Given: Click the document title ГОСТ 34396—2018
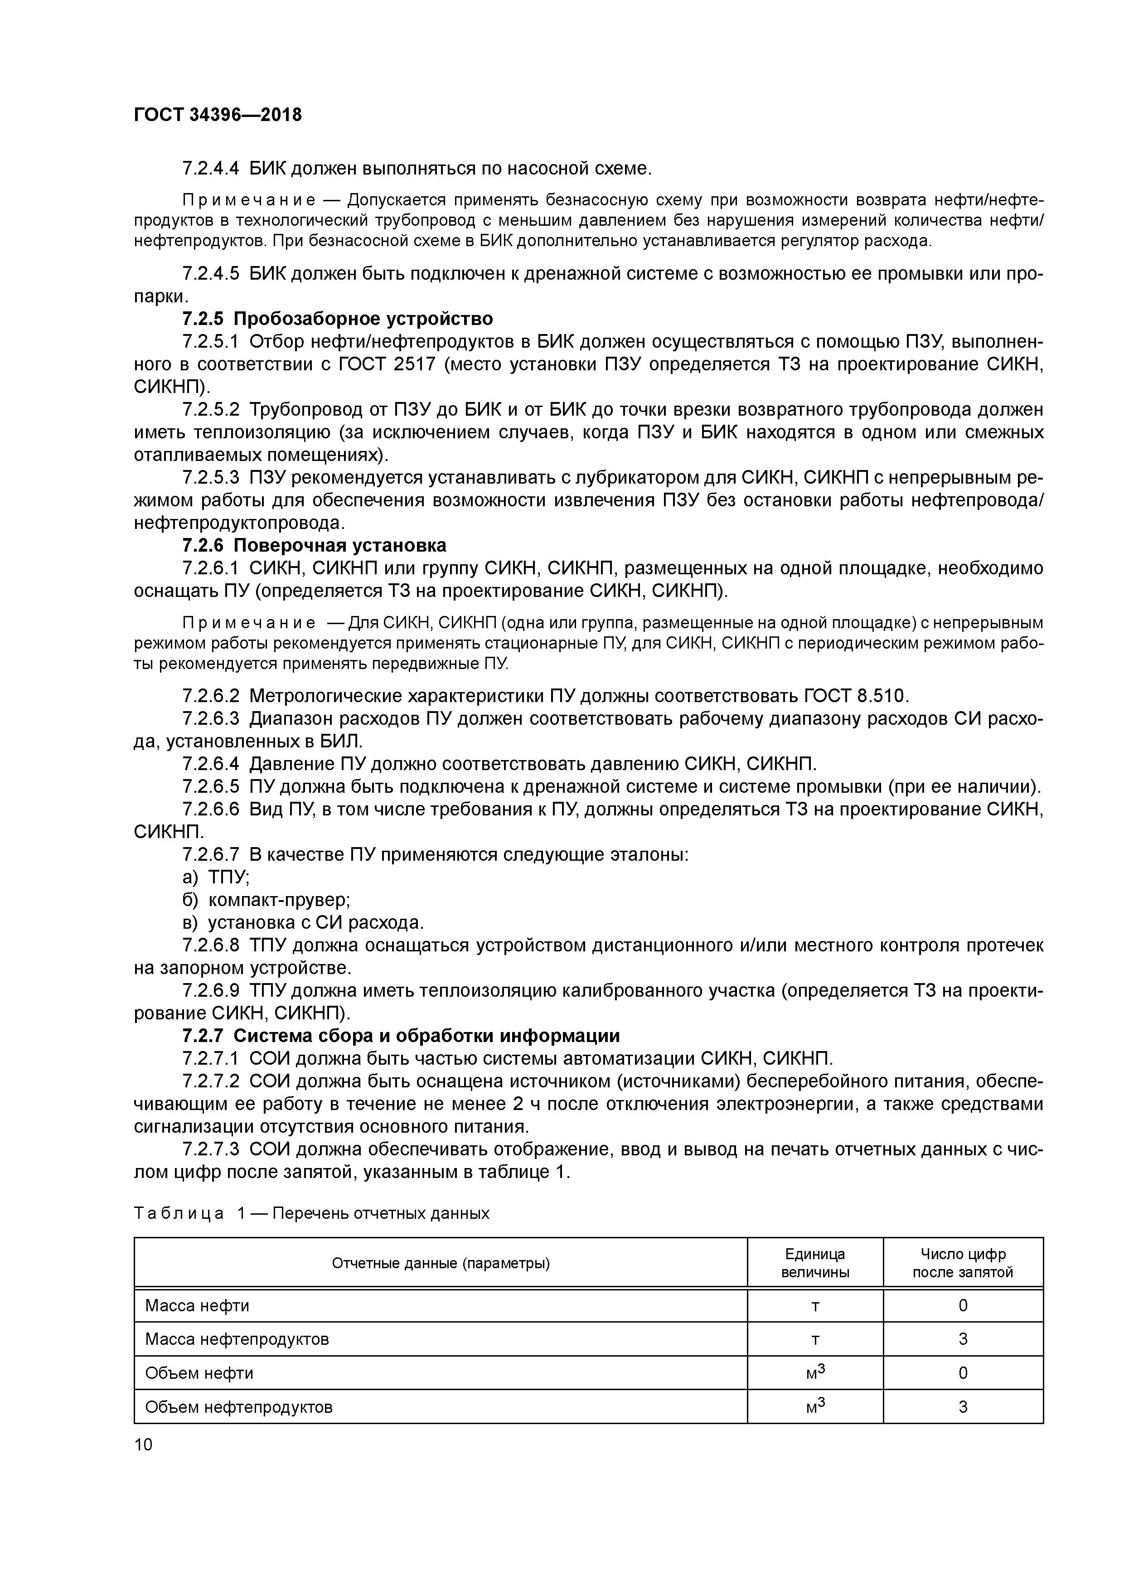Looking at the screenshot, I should pos(218,115).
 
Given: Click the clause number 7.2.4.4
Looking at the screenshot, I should pos(211,168).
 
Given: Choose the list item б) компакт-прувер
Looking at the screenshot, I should pos(266,900).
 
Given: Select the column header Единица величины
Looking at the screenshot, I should pos(814,1263).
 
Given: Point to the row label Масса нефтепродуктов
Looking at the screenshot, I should pos(237,1339).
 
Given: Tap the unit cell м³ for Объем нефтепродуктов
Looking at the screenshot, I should pos(814,1406).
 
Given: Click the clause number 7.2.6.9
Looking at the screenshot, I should pos(211,991).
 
